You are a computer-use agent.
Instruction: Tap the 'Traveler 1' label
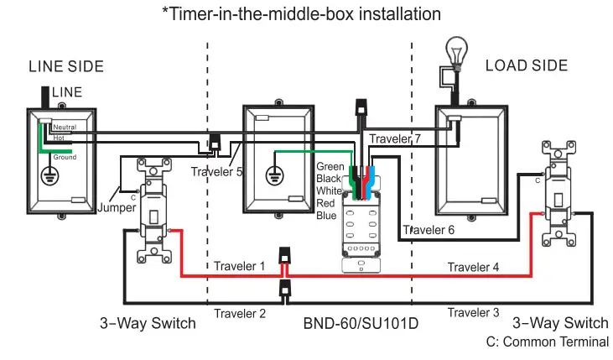(239, 266)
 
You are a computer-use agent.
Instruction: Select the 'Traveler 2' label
(239, 314)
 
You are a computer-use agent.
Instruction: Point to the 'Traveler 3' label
(473, 313)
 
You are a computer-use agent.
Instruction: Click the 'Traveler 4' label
(473, 267)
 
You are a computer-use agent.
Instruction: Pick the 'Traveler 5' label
(216, 172)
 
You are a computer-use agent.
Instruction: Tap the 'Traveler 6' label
(429, 230)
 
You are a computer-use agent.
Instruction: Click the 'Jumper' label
(115, 206)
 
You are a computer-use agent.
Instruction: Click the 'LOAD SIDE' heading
(526, 65)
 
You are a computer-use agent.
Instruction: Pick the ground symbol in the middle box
(273, 176)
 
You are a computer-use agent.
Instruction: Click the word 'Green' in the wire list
(330, 167)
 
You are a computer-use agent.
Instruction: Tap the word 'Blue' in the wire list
(327, 215)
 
